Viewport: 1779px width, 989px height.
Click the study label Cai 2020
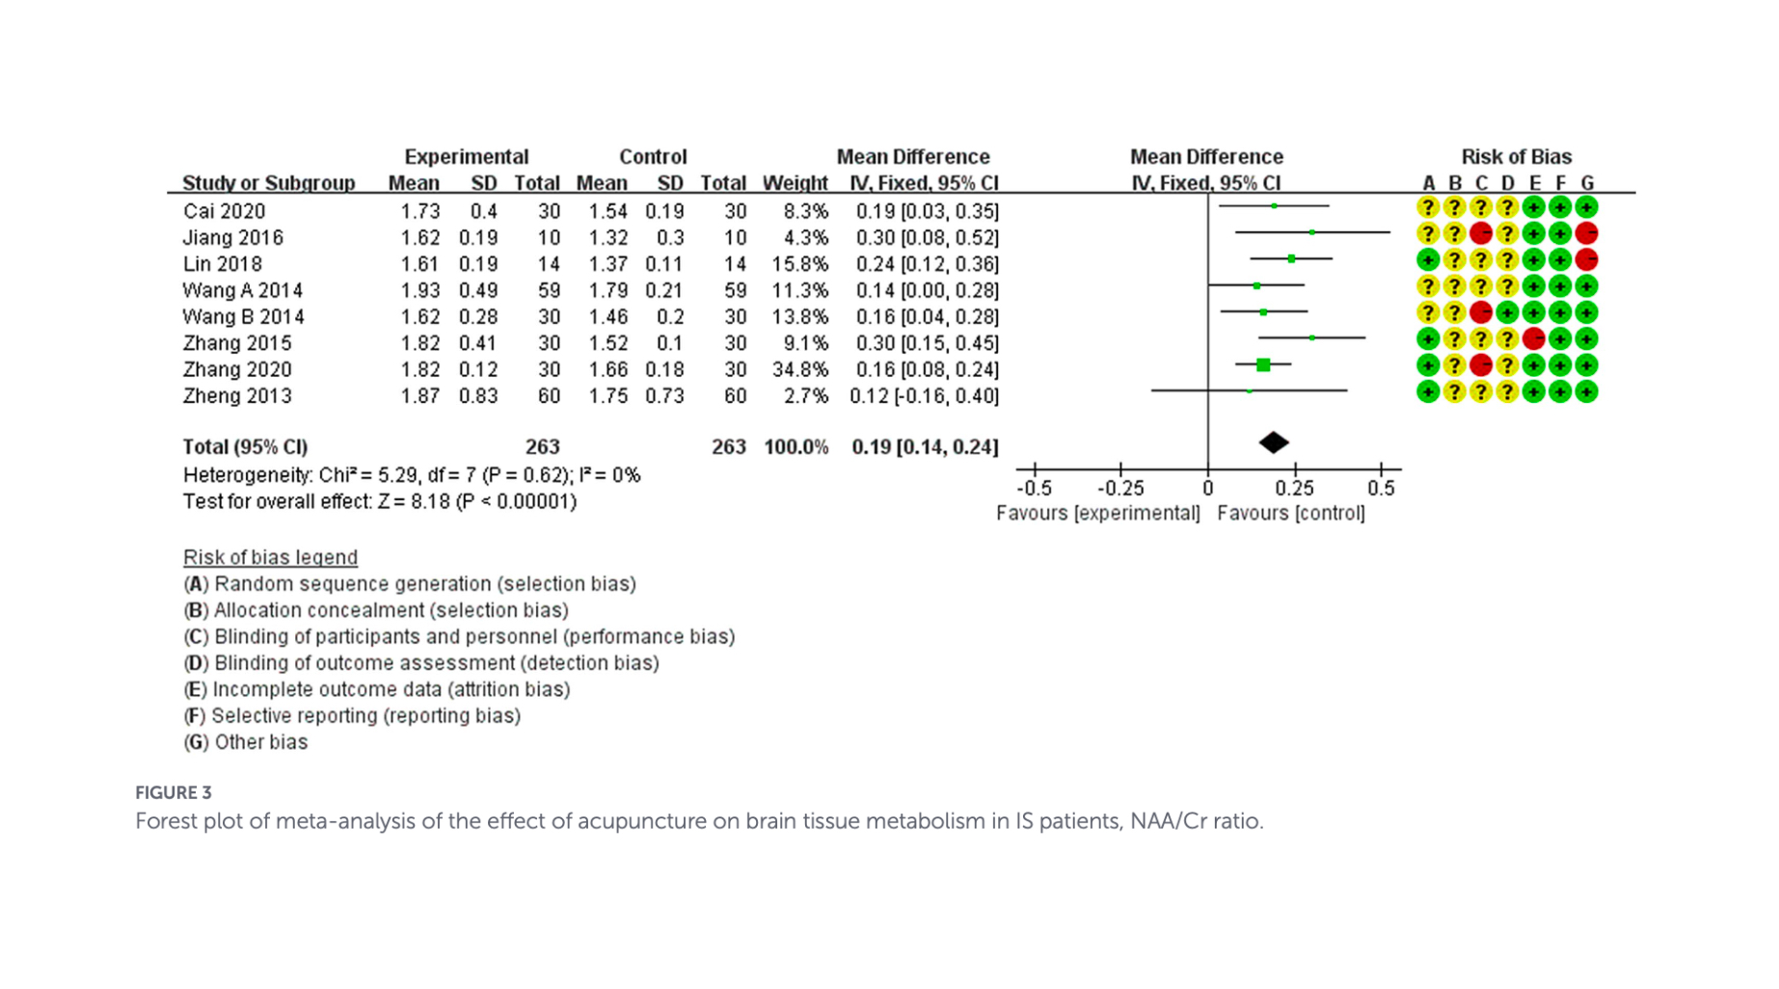point(224,211)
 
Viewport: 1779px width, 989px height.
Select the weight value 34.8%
point(799,369)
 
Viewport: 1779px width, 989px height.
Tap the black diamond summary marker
point(1274,442)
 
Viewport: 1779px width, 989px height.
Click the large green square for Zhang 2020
point(1263,365)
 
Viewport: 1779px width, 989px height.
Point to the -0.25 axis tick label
point(1120,489)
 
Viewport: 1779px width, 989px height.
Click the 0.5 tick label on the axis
point(1381,489)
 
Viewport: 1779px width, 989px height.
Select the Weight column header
point(795,183)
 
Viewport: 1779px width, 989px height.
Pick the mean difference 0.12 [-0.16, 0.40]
point(924,396)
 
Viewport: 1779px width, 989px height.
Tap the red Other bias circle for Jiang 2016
point(1586,233)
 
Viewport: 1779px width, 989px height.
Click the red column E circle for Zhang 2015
point(1533,338)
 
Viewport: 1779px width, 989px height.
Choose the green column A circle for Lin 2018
point(1428,259)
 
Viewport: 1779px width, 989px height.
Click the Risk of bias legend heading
point(270,557)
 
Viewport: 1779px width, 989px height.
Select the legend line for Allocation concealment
point(376,610)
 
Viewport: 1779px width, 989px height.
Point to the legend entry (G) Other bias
point(246,742)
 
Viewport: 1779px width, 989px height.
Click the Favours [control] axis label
point(1291,514)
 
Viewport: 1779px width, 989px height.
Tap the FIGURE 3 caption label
point(174,792)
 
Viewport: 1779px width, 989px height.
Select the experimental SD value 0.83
point(478,396)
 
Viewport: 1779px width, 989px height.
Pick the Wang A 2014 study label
point(243,290)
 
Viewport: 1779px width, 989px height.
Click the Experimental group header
point(467,157)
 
